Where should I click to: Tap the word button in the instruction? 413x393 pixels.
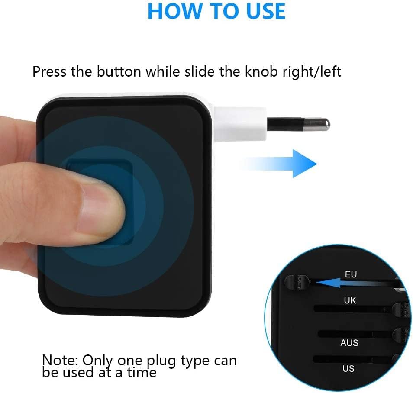pos(119,72)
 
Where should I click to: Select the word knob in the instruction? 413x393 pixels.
pos(261,72)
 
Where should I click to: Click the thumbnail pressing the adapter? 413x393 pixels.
pos(100,208)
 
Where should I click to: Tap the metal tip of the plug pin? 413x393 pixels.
pos(316,124)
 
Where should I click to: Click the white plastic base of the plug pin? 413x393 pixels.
pos(240,124)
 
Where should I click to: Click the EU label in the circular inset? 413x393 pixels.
pos(351,274)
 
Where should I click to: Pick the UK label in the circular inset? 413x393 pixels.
pos(350,300)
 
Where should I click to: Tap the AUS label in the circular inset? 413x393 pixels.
pos(349,343)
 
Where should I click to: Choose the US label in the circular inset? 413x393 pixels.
pos(348,368)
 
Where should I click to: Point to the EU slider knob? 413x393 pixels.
pos(297,282)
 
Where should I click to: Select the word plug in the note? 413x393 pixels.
pos(161,361)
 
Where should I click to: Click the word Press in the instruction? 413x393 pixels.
pos(49,72)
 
